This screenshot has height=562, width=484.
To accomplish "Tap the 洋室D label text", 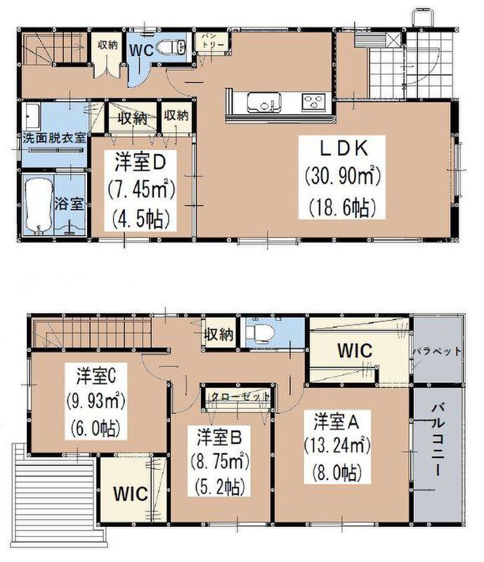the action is (140, 162).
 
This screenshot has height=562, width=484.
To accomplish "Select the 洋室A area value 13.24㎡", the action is (337, 446).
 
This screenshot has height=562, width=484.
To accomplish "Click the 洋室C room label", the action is (96, 376).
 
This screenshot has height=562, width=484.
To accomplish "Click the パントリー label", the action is (212, 41).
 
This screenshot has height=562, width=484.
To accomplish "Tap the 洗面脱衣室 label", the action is (55, 138).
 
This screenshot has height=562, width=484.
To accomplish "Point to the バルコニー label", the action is (438, 440).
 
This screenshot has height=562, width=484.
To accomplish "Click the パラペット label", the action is (437, 352).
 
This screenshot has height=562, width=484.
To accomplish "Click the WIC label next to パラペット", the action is (355, 351).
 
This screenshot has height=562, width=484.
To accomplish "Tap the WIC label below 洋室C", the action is (131, 494).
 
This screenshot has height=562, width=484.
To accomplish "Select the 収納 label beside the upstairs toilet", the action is (218, 335).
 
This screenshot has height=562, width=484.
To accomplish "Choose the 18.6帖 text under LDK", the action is (342, 207).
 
